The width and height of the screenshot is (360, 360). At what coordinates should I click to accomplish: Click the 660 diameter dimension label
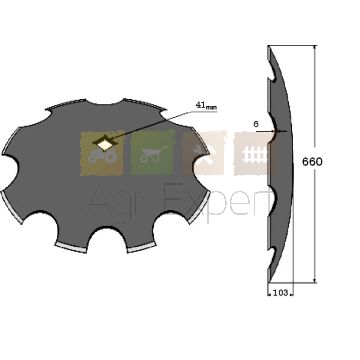click(x=312, y=162)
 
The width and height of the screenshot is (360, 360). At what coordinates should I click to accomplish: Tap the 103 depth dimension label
click(x=280, y=293)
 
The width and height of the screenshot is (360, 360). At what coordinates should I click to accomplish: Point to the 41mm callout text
click(x=206, y=106)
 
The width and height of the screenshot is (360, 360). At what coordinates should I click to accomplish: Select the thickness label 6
click(x=256, y=124)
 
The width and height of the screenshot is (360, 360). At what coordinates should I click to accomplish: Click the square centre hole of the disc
click(x=105, y=144)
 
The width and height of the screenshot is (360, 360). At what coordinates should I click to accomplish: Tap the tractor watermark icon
click(x=102, y=153)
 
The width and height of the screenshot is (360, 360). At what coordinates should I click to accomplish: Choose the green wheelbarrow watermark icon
click(x=153, y=153)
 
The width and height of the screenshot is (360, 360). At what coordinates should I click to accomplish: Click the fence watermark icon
click(x=255, y=154)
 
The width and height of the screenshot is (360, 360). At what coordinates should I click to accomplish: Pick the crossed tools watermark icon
click(x=204, y=153)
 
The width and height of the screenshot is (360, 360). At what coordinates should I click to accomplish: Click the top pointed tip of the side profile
click(x=269, y=46)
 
